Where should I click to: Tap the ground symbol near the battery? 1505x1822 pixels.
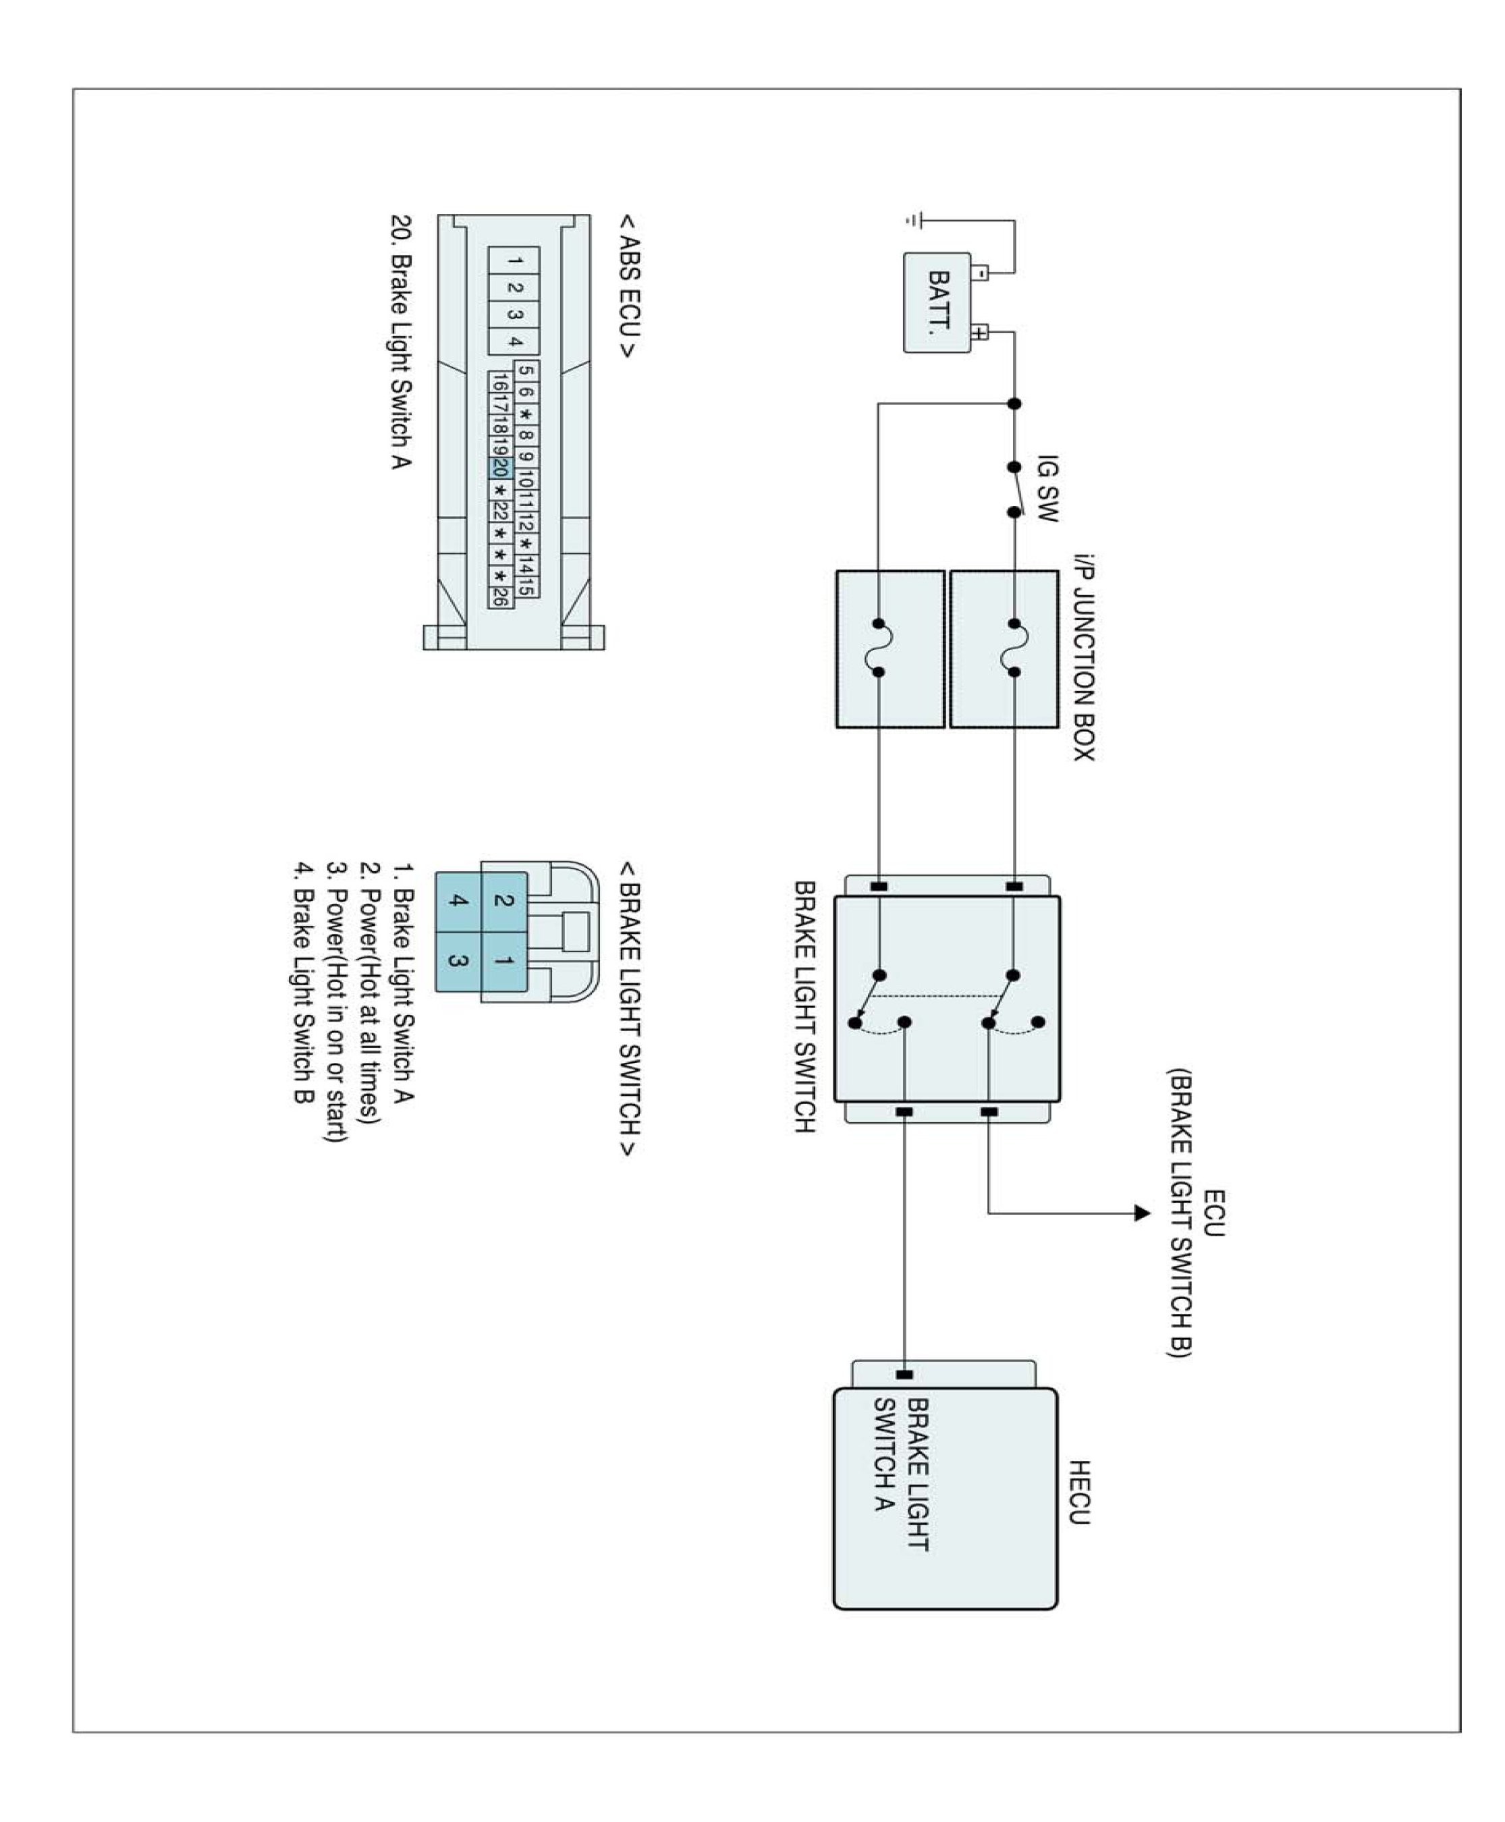(x=912, y=221)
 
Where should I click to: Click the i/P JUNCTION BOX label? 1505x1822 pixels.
(x=1084, y=658)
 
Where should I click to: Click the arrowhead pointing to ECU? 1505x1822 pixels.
(x=1142, y=1213)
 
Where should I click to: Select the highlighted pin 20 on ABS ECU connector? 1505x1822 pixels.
(x=499, y=468)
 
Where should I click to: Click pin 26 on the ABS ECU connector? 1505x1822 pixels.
(x=499, y=597)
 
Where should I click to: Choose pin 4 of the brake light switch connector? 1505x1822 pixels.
(x=458, y=902)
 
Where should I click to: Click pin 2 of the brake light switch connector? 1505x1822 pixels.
(x=503, y=902)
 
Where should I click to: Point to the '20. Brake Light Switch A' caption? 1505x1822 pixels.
(x=400, y=341)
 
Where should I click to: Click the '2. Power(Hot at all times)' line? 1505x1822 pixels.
(x=371, y=993)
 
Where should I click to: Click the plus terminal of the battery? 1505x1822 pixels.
(x=980, y=332)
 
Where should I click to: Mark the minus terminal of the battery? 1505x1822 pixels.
(x=980, y=274)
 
